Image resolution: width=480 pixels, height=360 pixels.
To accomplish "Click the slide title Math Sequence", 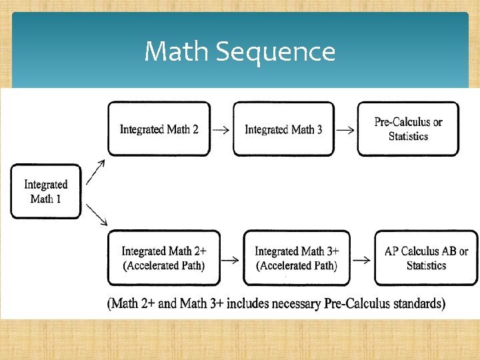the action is coord(239,51).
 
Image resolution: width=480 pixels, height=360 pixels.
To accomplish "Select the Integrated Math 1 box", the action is coord(46,191).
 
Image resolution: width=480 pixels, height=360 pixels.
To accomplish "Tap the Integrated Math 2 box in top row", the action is coord(159,129).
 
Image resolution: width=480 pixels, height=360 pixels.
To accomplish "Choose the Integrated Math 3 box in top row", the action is coord(283,129).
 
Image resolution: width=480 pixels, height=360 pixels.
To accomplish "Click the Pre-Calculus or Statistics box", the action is coord(408,129).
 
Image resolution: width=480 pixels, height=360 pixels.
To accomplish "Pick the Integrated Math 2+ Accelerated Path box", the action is coord(163,258).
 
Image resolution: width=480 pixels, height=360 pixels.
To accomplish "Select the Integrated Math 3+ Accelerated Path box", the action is coord(297,258).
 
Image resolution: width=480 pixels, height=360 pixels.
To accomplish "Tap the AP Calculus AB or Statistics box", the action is coord(426,258).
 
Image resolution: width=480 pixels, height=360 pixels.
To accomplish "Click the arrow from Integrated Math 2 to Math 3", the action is coord(221,130).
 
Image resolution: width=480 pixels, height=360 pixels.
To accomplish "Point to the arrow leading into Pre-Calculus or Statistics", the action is coord(345,130).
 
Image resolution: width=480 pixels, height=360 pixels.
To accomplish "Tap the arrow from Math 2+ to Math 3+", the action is coord(230,260).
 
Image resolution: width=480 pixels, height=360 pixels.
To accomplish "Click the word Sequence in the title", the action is coord(275,51).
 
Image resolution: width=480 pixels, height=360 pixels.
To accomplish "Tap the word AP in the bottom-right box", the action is coord(391,251).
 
